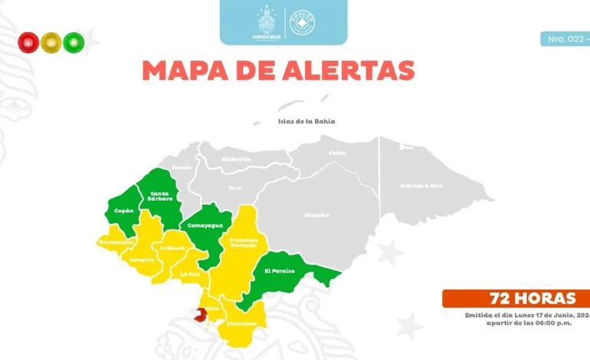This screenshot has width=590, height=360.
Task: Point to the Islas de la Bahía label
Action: click(306, 121)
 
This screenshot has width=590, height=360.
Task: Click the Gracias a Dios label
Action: click(421, 185)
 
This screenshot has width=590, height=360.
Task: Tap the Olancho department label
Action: click(316, 214)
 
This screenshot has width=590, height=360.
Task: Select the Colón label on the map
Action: click(337, 152)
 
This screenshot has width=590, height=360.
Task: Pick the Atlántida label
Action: click(236, 159)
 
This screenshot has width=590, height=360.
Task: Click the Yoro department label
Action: click(234, 187)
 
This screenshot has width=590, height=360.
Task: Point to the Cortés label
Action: click(182, 167)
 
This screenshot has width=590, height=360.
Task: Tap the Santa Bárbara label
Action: click(160, 196)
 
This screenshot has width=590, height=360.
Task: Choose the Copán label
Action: click(123, 210)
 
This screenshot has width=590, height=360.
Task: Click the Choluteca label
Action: click(241, 323)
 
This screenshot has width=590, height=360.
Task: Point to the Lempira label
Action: click(142, 260)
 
